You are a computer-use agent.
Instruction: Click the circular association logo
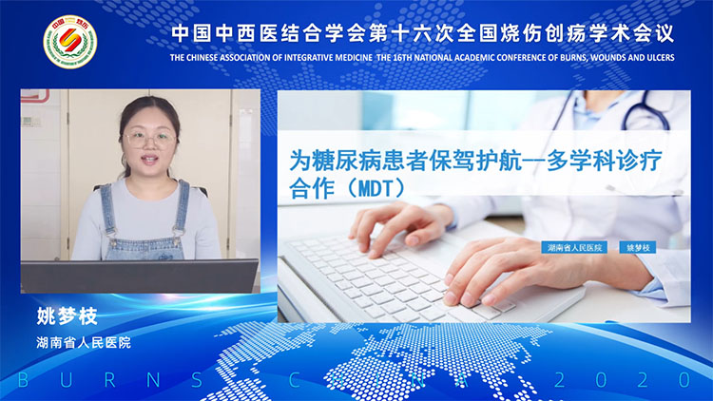point(69,41)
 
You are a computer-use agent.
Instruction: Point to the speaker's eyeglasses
point(150,138)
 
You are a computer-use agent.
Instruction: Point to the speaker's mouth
point(150,162)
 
